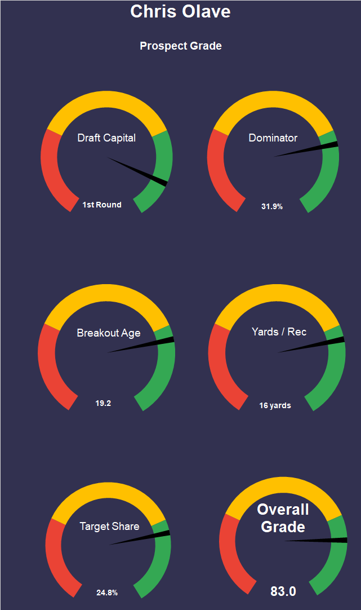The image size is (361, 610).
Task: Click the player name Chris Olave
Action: point(180,11)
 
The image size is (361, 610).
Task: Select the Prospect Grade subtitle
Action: point(180,46)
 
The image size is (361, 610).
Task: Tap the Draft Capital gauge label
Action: point(106,138)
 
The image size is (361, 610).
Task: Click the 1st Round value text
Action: point(102,205)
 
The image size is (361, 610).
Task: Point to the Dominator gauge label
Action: point(273,138)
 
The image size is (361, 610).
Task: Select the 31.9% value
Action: point(272,206)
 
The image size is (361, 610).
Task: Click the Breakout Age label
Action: point(109,333)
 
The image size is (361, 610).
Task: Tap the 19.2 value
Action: point(103,403)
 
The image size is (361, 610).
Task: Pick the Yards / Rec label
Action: point(279,331)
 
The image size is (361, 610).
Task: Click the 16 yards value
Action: point(275,405)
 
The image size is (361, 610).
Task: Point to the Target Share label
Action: point(109,527)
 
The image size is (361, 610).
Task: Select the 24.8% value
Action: point(107,593)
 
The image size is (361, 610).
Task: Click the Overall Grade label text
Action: point(283,518)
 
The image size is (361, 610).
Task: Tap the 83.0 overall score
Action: point(283,591)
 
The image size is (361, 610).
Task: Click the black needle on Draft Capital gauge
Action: point(141,172)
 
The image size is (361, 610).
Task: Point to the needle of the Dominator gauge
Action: point(310,149)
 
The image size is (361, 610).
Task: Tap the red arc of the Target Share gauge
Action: point(56,558)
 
